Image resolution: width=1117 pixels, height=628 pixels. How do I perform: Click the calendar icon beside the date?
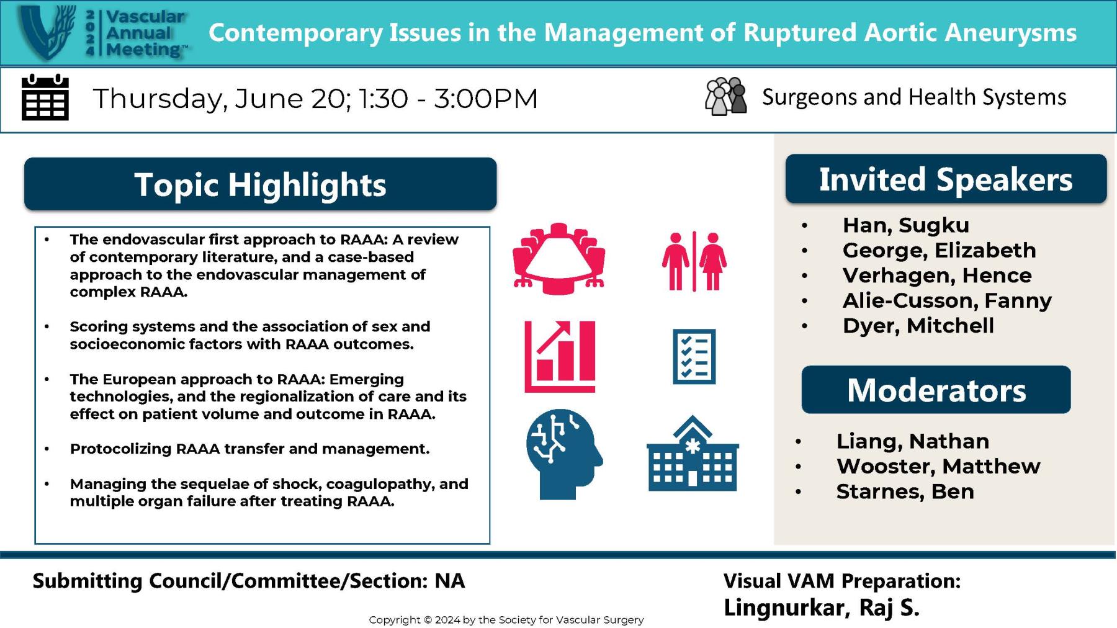point(45,97)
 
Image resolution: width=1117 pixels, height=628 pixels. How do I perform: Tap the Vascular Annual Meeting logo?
point(102,33)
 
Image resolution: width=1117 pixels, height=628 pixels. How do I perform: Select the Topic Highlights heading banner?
point(260,184)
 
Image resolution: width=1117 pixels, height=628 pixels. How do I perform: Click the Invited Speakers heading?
point(945,179)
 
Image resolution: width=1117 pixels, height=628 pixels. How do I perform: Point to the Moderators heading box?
point(936,390)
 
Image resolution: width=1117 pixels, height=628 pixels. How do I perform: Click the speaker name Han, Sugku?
point(905,225)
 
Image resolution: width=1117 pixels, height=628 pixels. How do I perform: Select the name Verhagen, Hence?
point(936,276)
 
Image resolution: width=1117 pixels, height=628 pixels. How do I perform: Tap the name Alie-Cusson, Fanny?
point(946,300)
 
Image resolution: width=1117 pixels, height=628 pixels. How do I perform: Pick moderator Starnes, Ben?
point(905,491)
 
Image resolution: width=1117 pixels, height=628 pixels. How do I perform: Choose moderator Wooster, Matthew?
point(938,466)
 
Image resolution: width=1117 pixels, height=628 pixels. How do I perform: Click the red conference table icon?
point(558,259)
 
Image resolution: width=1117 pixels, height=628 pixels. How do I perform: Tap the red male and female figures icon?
point(694,261)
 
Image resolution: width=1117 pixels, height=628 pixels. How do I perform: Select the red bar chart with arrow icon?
point(560,356)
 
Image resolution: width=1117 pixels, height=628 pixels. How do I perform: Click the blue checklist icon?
point(694,356)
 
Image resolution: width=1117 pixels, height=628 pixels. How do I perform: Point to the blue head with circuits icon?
point(563,454)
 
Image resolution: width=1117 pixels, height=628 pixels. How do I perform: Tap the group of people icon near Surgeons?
point(725,97)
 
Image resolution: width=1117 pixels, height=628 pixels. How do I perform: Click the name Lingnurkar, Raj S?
point(821,607)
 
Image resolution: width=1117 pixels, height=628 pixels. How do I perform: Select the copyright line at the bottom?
point(506,619)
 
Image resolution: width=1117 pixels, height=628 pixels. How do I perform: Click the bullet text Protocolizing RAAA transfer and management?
point(249,449)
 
